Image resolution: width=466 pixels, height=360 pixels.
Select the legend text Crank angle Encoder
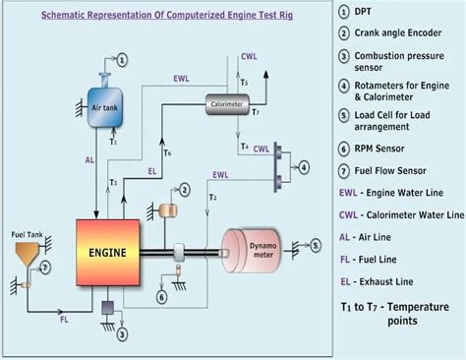pyautogui.click(x=403, y=33)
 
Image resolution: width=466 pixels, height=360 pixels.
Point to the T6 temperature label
pyautogui.click(x=168, y=152)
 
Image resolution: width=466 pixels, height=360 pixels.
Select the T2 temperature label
pyautogui.click(x=213, y=197)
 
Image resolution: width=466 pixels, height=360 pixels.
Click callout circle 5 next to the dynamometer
pyautogui.click(x=315, y=242)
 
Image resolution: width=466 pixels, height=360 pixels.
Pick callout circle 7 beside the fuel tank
pyautogui.click(x=44, y=266)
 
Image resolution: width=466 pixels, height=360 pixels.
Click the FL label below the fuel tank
pyautogui.click(x=65, y=320)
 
